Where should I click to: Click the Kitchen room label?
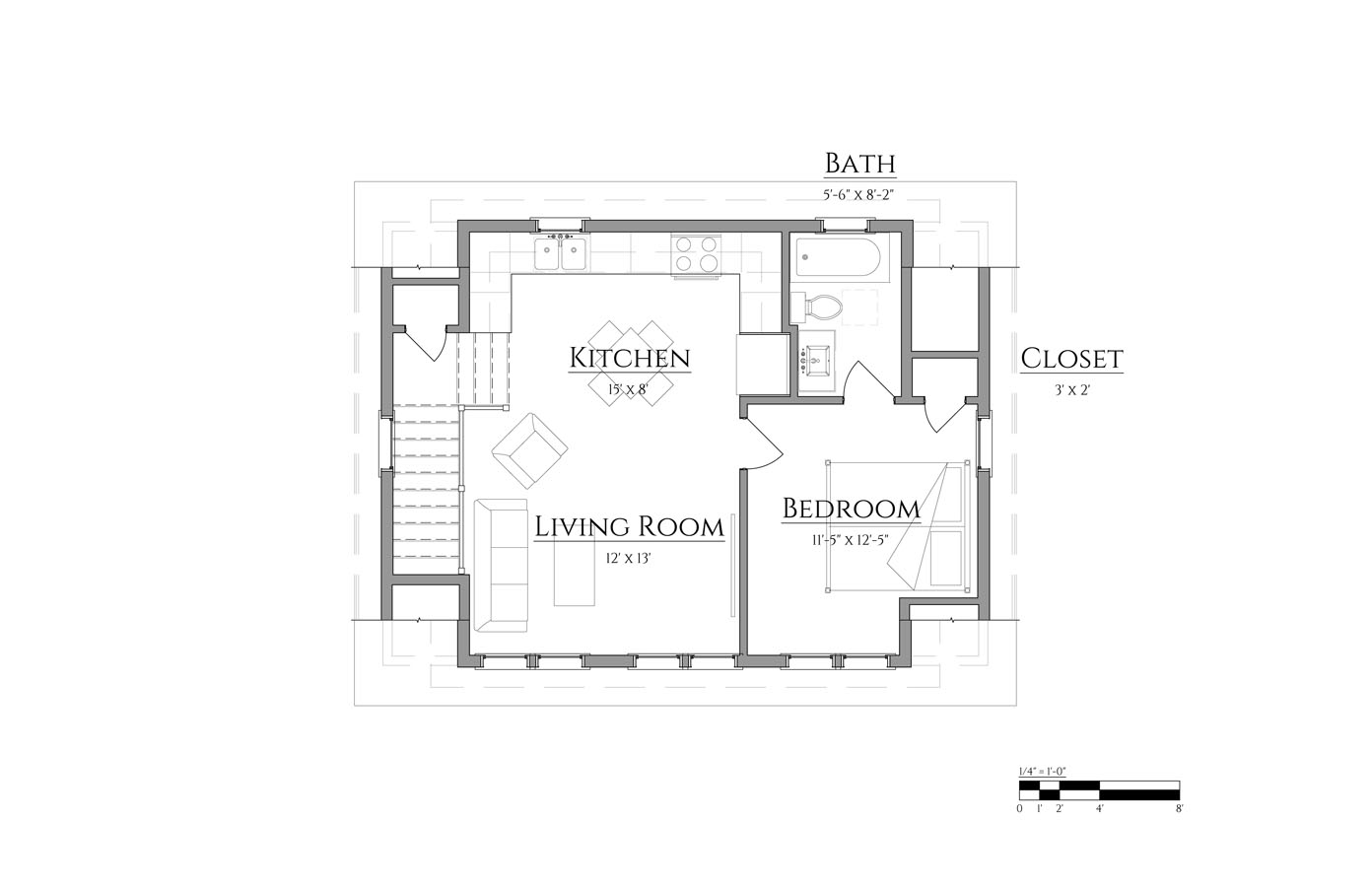630,358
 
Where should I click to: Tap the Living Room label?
629,527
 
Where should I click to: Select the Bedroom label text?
852,510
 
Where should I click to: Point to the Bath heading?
859,164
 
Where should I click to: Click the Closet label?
1071,359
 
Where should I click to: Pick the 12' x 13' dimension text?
628,559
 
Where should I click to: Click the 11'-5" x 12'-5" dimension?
851,540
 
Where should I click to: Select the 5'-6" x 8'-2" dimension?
859,195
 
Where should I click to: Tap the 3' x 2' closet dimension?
1072,390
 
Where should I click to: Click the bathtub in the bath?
838,259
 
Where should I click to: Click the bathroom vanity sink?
816,362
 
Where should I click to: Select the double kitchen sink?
560,254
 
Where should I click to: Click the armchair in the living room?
529,450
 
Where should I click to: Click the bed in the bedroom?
897,526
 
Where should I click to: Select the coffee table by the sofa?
574,575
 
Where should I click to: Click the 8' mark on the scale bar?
1179,808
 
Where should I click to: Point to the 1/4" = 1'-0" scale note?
1043,772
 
